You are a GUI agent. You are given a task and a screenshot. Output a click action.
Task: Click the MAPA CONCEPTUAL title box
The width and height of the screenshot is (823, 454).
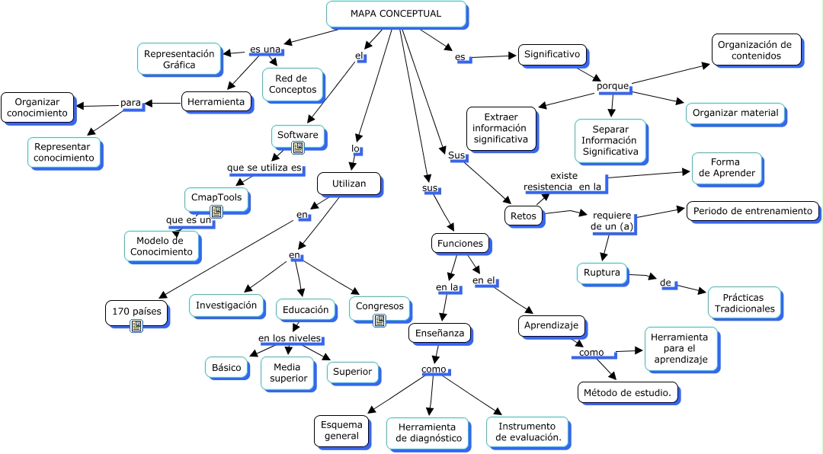coord(395,14)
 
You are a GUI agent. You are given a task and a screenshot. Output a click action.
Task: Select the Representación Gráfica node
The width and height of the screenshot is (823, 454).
coord(179,59)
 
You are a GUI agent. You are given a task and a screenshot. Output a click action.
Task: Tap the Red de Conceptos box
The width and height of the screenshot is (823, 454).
coord(290,84)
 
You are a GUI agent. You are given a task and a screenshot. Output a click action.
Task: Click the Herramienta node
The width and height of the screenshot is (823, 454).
coord(216,101)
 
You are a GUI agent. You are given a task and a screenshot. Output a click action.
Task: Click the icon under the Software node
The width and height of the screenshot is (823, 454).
coord(298,147)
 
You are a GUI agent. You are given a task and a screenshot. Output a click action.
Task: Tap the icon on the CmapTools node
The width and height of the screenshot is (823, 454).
coord(216,211)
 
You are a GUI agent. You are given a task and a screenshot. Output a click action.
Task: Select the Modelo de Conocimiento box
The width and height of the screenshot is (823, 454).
coord(162,246)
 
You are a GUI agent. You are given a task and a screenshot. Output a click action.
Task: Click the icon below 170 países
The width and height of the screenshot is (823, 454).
coord(136,325)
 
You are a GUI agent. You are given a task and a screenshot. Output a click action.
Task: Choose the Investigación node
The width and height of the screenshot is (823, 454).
coord(226,305)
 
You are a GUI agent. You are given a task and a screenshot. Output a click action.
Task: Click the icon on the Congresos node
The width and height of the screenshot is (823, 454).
coord(379,321)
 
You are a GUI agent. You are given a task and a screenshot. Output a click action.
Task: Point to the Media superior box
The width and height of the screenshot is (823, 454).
coord(288,372)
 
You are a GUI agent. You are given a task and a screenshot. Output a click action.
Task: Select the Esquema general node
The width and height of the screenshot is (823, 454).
coord(341,430)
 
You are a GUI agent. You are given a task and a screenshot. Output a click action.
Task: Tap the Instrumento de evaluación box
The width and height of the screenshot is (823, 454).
coord(527,432)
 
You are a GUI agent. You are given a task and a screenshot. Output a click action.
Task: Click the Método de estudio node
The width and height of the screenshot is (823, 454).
coord(627,393)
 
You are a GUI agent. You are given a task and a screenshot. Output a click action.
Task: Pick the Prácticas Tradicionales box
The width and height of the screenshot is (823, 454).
coord(745,302)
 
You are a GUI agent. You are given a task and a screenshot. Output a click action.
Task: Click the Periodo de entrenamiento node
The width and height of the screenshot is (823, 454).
coord(753,211)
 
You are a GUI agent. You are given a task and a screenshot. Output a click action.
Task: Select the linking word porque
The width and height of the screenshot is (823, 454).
coord(613,86)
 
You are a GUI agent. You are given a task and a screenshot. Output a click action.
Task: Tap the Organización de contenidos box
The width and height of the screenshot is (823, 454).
coord(756,50)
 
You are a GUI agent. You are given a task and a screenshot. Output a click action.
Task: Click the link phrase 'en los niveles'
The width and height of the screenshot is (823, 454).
coord(290,338)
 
